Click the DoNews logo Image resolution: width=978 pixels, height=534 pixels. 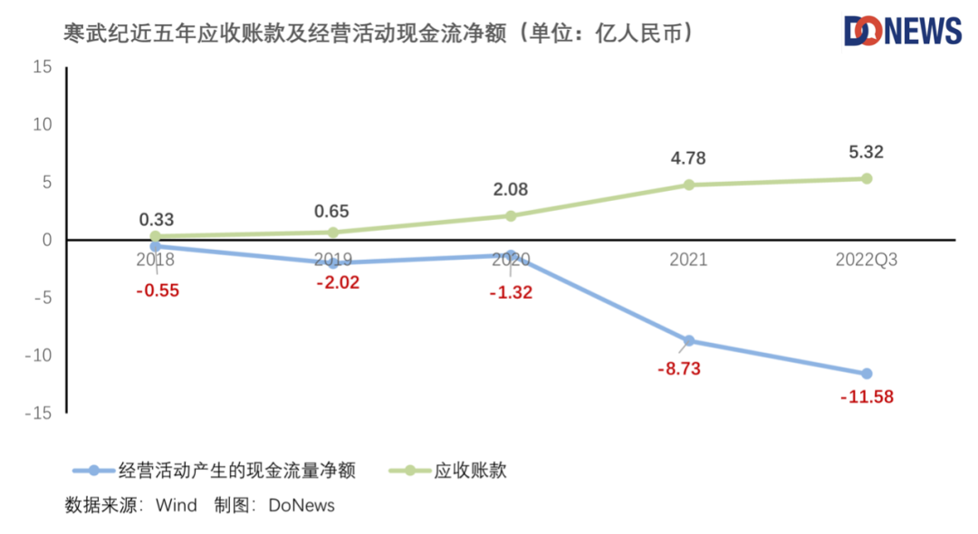(902, 31)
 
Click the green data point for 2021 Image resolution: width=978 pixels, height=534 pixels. (688, 185)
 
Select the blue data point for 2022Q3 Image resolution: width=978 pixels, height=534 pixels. (867, 374)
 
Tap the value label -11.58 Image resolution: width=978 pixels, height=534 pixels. (867, 396)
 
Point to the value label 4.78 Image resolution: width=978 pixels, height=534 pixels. (688, 158)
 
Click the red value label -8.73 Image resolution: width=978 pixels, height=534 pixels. (679, 368)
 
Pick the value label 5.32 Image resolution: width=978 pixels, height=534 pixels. (866, 152)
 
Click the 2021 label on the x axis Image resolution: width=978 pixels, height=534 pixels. (688, 261)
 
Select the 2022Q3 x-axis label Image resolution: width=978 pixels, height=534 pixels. (867, 261)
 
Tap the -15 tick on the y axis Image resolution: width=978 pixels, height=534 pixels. (40, 413)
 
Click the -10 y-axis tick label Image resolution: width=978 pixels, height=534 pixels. (40, 355)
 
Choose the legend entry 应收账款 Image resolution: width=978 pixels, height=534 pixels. (470, 470)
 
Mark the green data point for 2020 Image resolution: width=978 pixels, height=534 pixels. (511, 215)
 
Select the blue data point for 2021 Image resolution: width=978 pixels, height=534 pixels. (688, 340)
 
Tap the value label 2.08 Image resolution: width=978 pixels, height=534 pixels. (510, 190)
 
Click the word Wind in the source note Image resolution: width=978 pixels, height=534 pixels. (176, 505)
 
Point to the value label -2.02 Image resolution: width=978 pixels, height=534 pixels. (338, 282)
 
